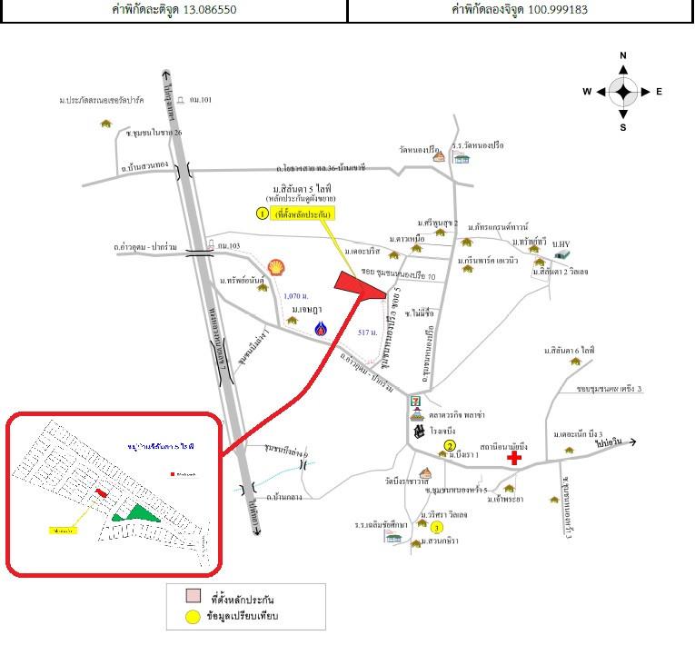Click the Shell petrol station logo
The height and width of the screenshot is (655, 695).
274,266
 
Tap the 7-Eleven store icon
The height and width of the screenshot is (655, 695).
416,401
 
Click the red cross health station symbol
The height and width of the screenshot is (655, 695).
515,459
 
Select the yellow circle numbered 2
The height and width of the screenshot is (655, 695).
449,446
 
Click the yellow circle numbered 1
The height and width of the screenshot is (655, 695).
262,214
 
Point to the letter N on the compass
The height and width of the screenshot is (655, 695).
623,56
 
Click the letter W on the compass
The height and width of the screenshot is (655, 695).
588,92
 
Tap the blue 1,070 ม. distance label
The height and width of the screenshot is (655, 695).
295,297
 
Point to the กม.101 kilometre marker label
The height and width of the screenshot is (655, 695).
199,100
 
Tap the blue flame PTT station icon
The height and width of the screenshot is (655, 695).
320,330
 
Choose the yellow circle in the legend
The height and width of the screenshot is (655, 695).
193,618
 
